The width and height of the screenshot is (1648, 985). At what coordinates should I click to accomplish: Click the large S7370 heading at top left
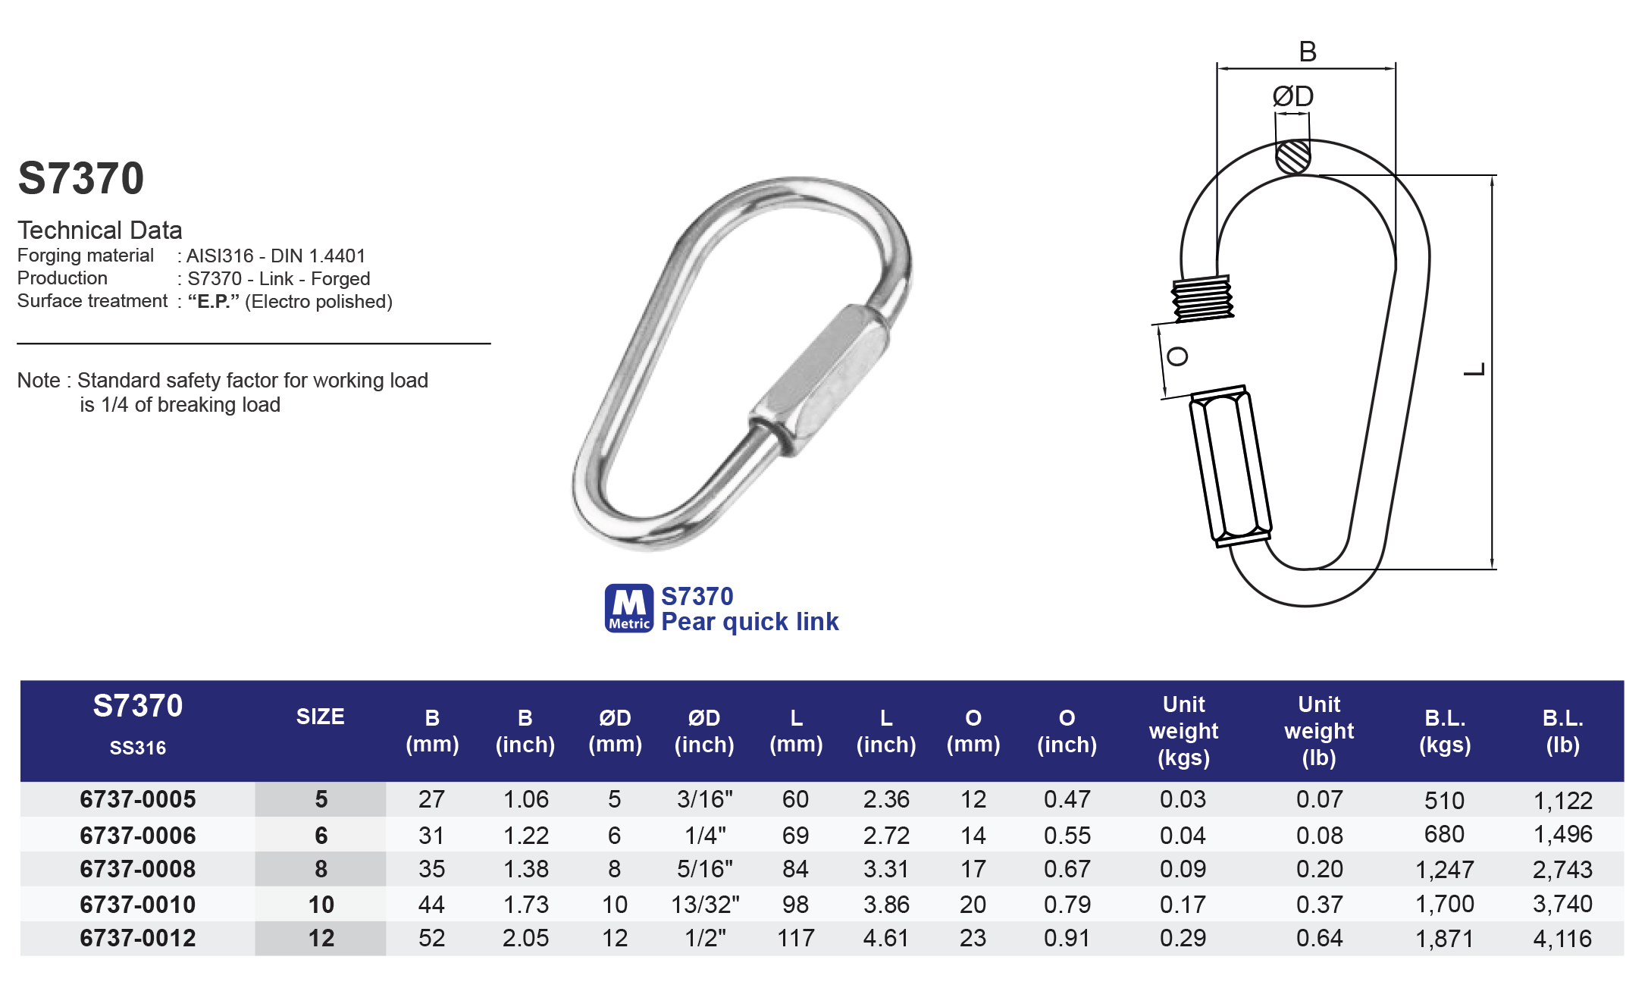click(81, 179)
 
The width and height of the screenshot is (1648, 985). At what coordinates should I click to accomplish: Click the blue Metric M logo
click(628, 608)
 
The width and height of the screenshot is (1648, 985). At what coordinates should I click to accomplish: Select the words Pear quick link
click(749, 622)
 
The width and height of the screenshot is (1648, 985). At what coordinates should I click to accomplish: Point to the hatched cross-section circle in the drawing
click(1292, 157)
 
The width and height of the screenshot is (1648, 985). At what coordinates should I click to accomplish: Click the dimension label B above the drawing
click(1308, 52)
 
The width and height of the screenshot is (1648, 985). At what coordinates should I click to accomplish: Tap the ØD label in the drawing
click(1292, 96)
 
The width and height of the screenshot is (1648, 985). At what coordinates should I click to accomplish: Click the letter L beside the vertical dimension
click(1474, 370)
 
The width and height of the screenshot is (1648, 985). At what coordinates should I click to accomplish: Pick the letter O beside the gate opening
click(1176, 356)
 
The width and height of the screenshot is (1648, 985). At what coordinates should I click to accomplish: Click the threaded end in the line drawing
click(1202, 299)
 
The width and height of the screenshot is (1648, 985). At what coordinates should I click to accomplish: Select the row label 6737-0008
click(137, 869)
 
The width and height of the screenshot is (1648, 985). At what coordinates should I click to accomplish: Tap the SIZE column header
click(320, 717)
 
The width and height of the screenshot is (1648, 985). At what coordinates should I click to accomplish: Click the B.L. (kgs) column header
click(1445, 731)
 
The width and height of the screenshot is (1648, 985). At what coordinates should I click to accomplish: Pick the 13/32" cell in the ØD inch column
click(705, 904)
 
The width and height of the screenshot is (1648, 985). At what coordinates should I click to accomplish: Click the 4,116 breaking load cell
click(1562, 939)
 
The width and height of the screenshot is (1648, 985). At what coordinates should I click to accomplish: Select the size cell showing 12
click(321, 939)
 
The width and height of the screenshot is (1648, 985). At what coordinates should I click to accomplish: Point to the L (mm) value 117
click(795, 939)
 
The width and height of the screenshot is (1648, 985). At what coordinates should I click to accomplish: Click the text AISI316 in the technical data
click(220, 256)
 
